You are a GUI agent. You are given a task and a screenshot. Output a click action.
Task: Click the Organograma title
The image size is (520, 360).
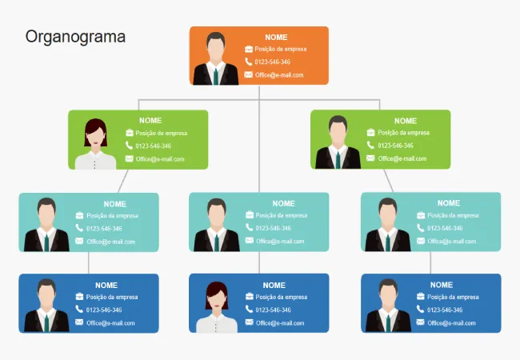pyautogui.click(x=75, y=38)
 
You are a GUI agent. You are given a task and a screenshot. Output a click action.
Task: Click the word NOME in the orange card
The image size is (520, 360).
pyautogui.click(x=276, y=37)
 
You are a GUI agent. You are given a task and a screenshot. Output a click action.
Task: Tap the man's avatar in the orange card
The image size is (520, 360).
pyautogui.click(x=214, y=58)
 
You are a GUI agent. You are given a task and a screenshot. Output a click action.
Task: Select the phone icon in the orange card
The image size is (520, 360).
pyautogui.click(x=249, y=62)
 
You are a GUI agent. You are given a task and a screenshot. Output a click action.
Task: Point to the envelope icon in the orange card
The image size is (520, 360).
pyautogui.click(x=249, y=74)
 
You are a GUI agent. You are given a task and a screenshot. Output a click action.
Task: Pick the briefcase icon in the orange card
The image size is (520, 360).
pyautogui.click(x=249, y=49)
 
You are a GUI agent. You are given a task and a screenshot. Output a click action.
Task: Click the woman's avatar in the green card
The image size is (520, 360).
pyautogui.click(x=95, y=143)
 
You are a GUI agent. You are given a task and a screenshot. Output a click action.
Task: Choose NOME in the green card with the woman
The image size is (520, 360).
pyautogui.click(x=150, y=121)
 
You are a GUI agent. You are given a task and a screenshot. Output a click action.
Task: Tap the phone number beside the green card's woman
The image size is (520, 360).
pyautogui.click(x=153, y=146)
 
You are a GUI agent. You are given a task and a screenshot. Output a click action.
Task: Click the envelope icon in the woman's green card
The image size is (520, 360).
pyautogui.click(x=129, y=158)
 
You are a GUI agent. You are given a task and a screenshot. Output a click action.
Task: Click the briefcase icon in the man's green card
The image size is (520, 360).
pyautogui.click(x=371, y=132)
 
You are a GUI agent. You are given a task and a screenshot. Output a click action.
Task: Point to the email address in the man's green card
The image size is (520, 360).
pyautogui.click(x=402, y=158)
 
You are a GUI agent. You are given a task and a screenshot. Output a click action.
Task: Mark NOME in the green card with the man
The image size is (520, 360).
pyautogui.click(x=406, y=121)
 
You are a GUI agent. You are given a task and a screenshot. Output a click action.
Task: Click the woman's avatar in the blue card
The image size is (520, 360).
pyautogui.click(x=216, y=307)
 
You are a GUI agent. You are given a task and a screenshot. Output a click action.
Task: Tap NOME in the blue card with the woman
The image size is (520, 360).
pyautogui.click(x=274, y=285)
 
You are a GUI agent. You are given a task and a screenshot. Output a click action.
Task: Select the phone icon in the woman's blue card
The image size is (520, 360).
pyautogui.click(x=250, y=309)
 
